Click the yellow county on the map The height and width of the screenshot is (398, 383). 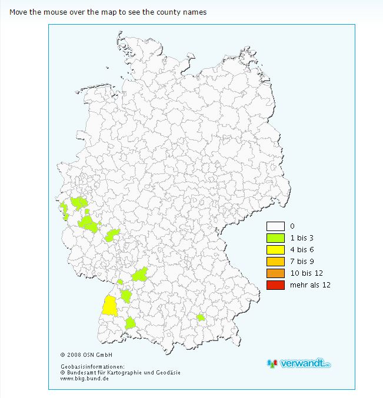tap(109, 306)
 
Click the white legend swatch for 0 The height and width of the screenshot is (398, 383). tap(275, 226)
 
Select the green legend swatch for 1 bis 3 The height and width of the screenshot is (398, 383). tap(275, 238)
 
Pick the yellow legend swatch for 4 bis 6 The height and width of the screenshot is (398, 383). tap(275, 250)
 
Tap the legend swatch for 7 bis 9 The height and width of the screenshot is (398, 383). tap(275, 262)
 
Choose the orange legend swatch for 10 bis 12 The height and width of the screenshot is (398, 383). tap(275, 273)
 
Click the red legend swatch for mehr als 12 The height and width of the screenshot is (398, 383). tap(275, 285)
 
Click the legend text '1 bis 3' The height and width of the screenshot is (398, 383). tap(302, 238)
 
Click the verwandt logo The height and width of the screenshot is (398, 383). tap(298, 363)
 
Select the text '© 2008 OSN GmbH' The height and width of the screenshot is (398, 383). tap(86, 354)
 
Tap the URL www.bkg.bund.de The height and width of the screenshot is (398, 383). tap(85, 379)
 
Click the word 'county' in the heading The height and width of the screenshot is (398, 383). tap(166, 12)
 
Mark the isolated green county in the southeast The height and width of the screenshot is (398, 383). tap(201, 317)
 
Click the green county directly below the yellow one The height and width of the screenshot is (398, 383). tap(130, 322)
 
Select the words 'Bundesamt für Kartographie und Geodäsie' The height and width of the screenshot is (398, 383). tap(124, 373)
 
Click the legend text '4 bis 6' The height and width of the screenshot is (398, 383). tap(302, 250)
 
